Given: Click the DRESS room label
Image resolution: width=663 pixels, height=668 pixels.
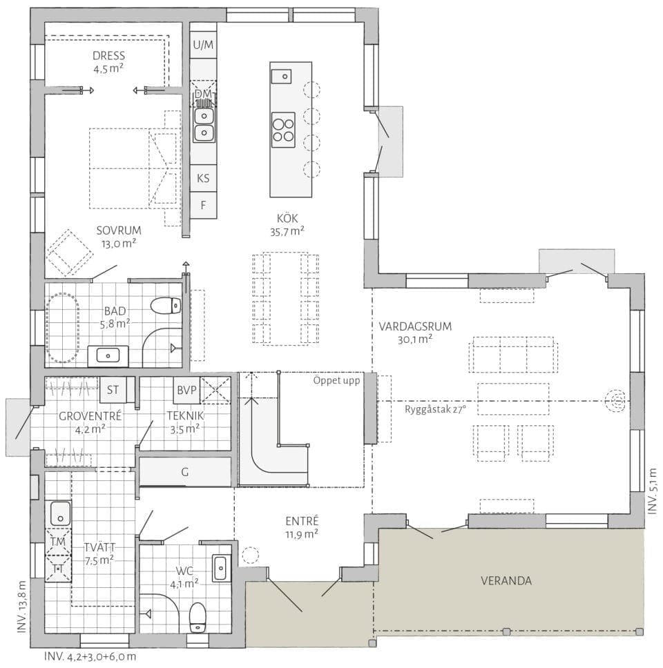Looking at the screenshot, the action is pos(108,56).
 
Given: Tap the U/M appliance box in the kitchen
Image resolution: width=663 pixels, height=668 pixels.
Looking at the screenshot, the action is pos(203,45).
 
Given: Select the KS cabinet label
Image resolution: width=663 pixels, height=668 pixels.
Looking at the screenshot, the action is pos(203,178).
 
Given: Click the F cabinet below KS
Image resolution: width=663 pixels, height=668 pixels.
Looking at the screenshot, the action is pos(203,206).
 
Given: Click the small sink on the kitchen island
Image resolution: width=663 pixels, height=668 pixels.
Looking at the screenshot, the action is pos(281,76).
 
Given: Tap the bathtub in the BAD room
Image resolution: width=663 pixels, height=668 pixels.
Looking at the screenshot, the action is pos(63,328).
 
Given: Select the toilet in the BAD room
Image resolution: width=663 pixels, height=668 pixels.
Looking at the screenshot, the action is pos(166,306).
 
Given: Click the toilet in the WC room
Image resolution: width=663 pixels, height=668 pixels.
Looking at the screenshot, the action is pos(198,618).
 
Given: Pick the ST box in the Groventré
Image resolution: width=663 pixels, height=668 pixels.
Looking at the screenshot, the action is pos(113,390).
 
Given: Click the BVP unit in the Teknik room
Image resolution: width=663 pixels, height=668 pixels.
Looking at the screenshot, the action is pos(186,390).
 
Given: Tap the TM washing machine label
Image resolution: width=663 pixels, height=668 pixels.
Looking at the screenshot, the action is pos(58,542).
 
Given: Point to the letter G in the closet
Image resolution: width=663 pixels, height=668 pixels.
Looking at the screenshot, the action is pos(185,472).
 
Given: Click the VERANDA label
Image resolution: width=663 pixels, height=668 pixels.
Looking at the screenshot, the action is pos(506,581).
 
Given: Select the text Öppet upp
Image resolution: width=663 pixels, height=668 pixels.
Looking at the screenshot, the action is pos(336,380).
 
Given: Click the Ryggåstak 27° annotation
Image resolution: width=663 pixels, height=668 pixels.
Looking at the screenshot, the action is pos(435,409).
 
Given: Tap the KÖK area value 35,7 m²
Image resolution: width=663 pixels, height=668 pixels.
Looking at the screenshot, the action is pos(287,232).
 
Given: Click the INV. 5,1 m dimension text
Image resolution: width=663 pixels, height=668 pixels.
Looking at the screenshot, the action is pos(653,491).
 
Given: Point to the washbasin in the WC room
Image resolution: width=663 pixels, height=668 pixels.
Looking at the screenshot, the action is pos(220,568).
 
